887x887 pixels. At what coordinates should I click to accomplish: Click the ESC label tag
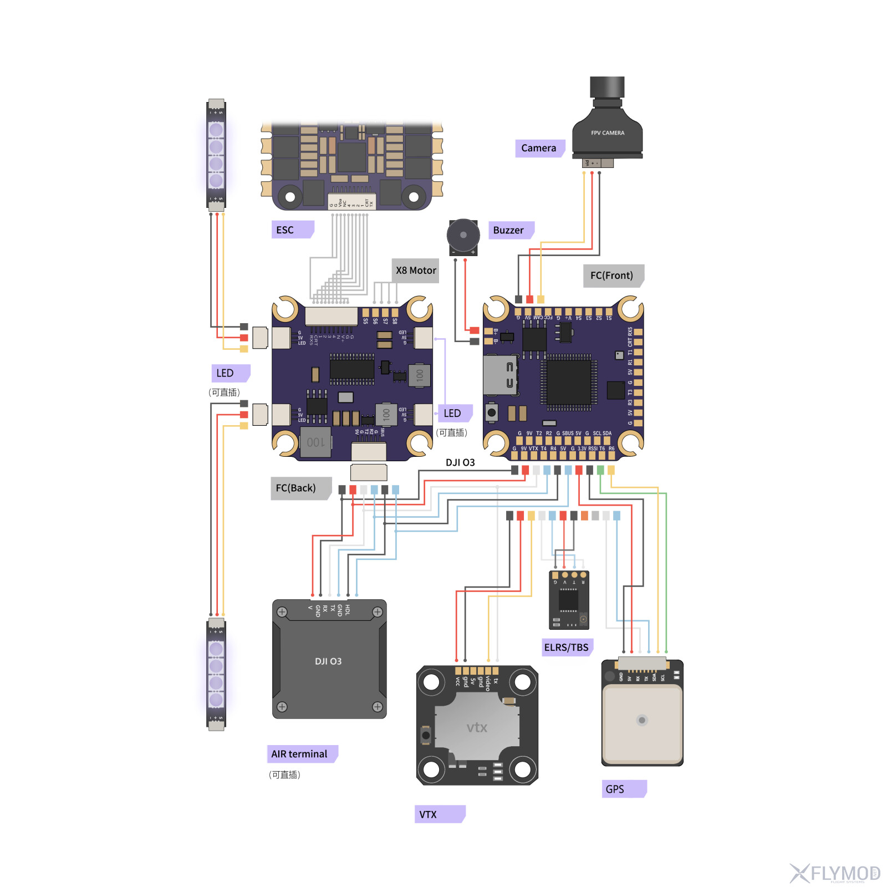(x=292, y=230)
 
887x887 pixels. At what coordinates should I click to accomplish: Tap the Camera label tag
(x=539, y=148)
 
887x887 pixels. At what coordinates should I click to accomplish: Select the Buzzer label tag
(x=510, y=230)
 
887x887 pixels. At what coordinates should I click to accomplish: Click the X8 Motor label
(x=415, y=271)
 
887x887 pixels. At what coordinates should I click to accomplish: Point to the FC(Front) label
(x=612, y=276)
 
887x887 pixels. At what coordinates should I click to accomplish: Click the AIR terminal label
(x=301, y=754)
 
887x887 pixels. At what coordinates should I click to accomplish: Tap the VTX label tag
(x=438, y=814)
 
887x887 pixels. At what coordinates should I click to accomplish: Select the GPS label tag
(x=623, y=789)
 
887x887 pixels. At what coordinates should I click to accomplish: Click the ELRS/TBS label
(x=567, y=647)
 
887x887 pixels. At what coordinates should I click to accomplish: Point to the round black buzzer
(x=463, y=235)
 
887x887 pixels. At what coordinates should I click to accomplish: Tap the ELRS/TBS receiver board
(x=569, y=600)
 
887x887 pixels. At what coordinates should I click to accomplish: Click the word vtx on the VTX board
(x=477, y=727)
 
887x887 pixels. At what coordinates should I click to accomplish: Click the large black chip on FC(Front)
(x=569, y=383)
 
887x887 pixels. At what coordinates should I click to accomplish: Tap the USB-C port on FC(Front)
(x=500, y=375)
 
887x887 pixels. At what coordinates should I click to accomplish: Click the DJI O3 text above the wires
(x=460, y=462)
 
